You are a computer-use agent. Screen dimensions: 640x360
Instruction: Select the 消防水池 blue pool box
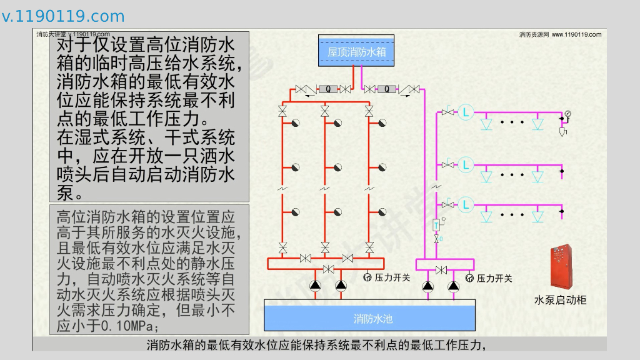pos(372,319)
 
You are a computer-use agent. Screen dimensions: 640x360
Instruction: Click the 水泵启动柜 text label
pos(560,300)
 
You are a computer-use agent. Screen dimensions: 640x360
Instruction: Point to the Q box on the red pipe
pos(327,89)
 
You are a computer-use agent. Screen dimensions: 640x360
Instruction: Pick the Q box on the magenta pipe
pos(387,89)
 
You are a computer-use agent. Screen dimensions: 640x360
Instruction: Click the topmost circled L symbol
pos(466,112)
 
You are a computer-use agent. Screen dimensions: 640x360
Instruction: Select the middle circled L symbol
pos(466,165)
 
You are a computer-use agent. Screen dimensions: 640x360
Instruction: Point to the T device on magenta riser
pos(436,224)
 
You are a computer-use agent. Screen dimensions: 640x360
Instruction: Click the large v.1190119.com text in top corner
pos(63,16)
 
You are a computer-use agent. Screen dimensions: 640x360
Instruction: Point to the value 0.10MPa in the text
pos(129,325)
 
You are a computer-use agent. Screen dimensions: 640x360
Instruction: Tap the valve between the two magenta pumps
pos(441,269)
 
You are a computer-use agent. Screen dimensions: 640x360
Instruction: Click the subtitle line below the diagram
pos(316,345)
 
